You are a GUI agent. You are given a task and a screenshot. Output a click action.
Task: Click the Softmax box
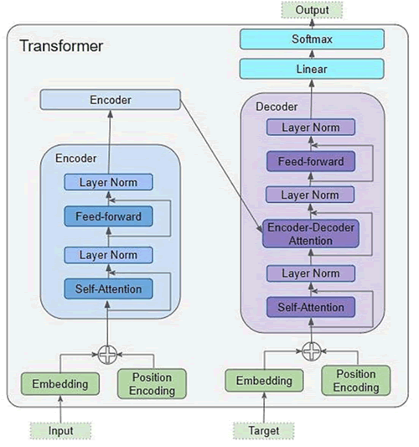click(313, 39)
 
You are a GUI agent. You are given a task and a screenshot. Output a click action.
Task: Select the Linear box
click(312, 69)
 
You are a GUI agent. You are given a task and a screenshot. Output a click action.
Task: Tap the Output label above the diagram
click(313, 10)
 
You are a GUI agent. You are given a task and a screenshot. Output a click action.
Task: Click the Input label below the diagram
click(60, 431)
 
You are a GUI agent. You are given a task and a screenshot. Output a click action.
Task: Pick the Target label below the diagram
click(264, 431)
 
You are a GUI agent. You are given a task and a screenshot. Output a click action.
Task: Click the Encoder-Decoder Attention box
click(311, 234)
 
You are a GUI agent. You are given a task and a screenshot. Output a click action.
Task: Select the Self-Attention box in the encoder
click(109, 289)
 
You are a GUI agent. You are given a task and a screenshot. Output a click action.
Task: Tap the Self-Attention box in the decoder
click(311, 307)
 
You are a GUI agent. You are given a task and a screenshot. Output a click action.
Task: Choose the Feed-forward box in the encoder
click(109, 216)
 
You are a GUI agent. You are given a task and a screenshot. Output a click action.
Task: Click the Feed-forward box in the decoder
click(311, 161)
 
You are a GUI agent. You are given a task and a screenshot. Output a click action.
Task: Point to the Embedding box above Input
click(60, 384)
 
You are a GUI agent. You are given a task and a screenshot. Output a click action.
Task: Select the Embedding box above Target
click(264, 381)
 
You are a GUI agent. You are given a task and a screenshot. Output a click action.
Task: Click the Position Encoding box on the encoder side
click(152, 384)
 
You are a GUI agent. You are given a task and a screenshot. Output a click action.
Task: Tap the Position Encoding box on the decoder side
click(356, 380)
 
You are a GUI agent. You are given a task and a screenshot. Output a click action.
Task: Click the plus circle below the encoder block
click(107, 355)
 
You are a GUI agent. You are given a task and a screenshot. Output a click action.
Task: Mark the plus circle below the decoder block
click(312, 351)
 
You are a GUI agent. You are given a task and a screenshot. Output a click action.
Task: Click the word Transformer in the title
click(61, 46)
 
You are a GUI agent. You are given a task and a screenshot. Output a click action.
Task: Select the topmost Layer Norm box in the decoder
click(311, 127)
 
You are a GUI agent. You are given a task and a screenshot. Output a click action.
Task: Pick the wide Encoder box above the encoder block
click(111, 100)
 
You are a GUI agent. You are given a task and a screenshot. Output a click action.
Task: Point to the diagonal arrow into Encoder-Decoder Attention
click(221, 166)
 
